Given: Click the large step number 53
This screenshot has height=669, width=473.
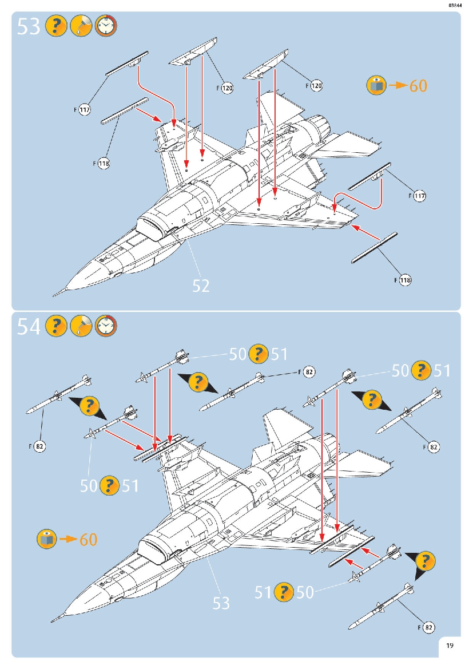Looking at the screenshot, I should [x=29, y=26].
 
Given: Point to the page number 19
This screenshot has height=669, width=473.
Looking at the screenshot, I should [x=450, y=646].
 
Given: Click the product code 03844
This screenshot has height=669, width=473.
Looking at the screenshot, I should [x=455, y=5].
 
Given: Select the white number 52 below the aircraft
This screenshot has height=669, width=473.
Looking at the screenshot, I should [x=201, y=286].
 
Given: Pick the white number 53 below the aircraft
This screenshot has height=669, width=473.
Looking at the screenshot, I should [x=221, y=603].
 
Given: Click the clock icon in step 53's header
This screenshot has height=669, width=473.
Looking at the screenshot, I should [x=105, y=26].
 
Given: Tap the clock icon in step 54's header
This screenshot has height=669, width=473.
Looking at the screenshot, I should [x=105, y=325].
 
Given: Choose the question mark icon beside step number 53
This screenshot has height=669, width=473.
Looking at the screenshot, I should [x=55, y=26].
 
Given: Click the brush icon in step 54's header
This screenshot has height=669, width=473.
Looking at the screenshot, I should [x=80, y=325].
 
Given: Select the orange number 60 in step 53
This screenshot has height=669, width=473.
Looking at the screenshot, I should [x=418, y=86].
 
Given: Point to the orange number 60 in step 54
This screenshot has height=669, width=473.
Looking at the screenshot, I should [x=88, y=539].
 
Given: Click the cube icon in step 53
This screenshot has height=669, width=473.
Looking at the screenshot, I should [x=376, y=85].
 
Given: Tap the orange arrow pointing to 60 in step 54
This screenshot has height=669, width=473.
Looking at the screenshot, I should [x=67, y=539].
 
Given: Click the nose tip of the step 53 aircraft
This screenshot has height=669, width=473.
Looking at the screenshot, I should [x=54, y=295].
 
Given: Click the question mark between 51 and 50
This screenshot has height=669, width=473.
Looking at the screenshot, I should [x=284, y=592].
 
